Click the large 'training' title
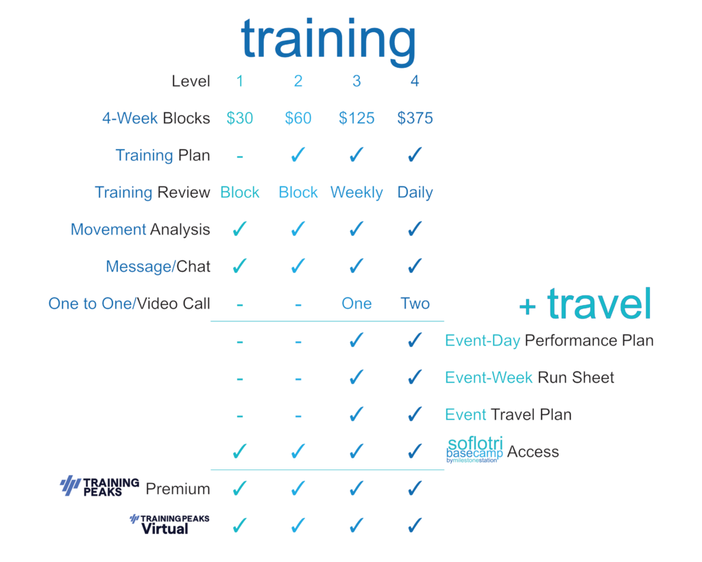(x=328, y=40)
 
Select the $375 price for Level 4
(x=415, y=118)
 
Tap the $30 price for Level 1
(x=239, y=118)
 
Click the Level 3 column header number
(x=356, y=81)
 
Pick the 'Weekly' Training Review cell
(x=356, y=193)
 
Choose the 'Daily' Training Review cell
(x=415, y=193)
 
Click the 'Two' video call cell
(x=415, y=304)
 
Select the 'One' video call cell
(x=356, y=304)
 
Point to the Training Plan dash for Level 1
(x=240, y=157)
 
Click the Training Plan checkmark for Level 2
(x=298, y=155)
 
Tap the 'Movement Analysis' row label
(x=141, y=229)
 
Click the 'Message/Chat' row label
(x=158, y=266)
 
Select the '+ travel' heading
(x=585, y=304)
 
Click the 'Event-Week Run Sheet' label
(x=530, y=378)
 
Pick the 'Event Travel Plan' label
(x=508, y=415)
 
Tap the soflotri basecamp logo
(x=474, y=450)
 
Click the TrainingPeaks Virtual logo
(x=169, y=525)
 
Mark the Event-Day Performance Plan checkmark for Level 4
(x=415, y=341)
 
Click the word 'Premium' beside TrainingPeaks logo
(x=178, y=489)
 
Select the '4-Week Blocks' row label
(x=156, y=118)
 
